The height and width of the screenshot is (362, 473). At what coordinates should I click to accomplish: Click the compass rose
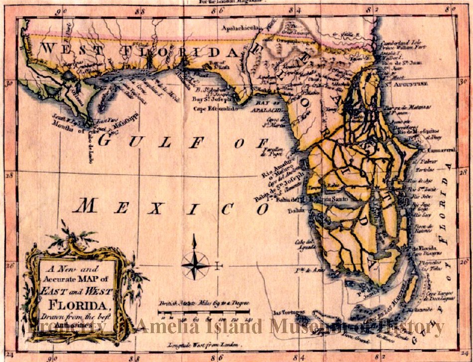click(x=195, y=264)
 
